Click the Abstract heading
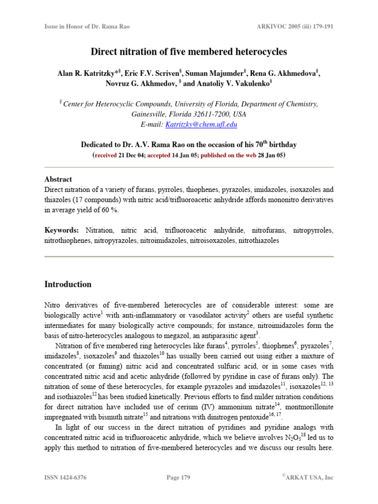coord(58,179)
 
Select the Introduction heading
coord(68,284)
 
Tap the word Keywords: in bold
coord(62,230)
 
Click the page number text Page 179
coord(178,477)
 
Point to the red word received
coord(106,155)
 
